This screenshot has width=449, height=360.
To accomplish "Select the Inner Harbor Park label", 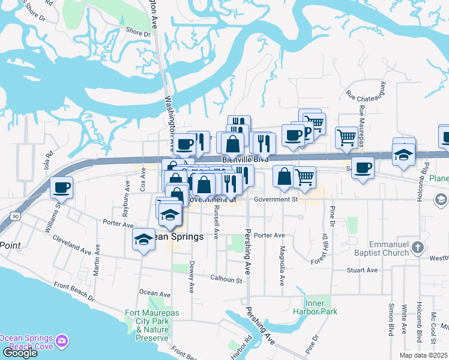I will click(x=315, y=307).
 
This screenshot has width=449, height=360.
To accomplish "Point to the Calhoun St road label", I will click(x=226, y=278).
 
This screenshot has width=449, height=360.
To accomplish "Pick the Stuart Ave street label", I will click(x=362, y=270).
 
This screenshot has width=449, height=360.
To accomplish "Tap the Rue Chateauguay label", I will click(x=366, y=96).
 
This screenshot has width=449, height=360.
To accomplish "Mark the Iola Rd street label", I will click(x=49, y=162).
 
